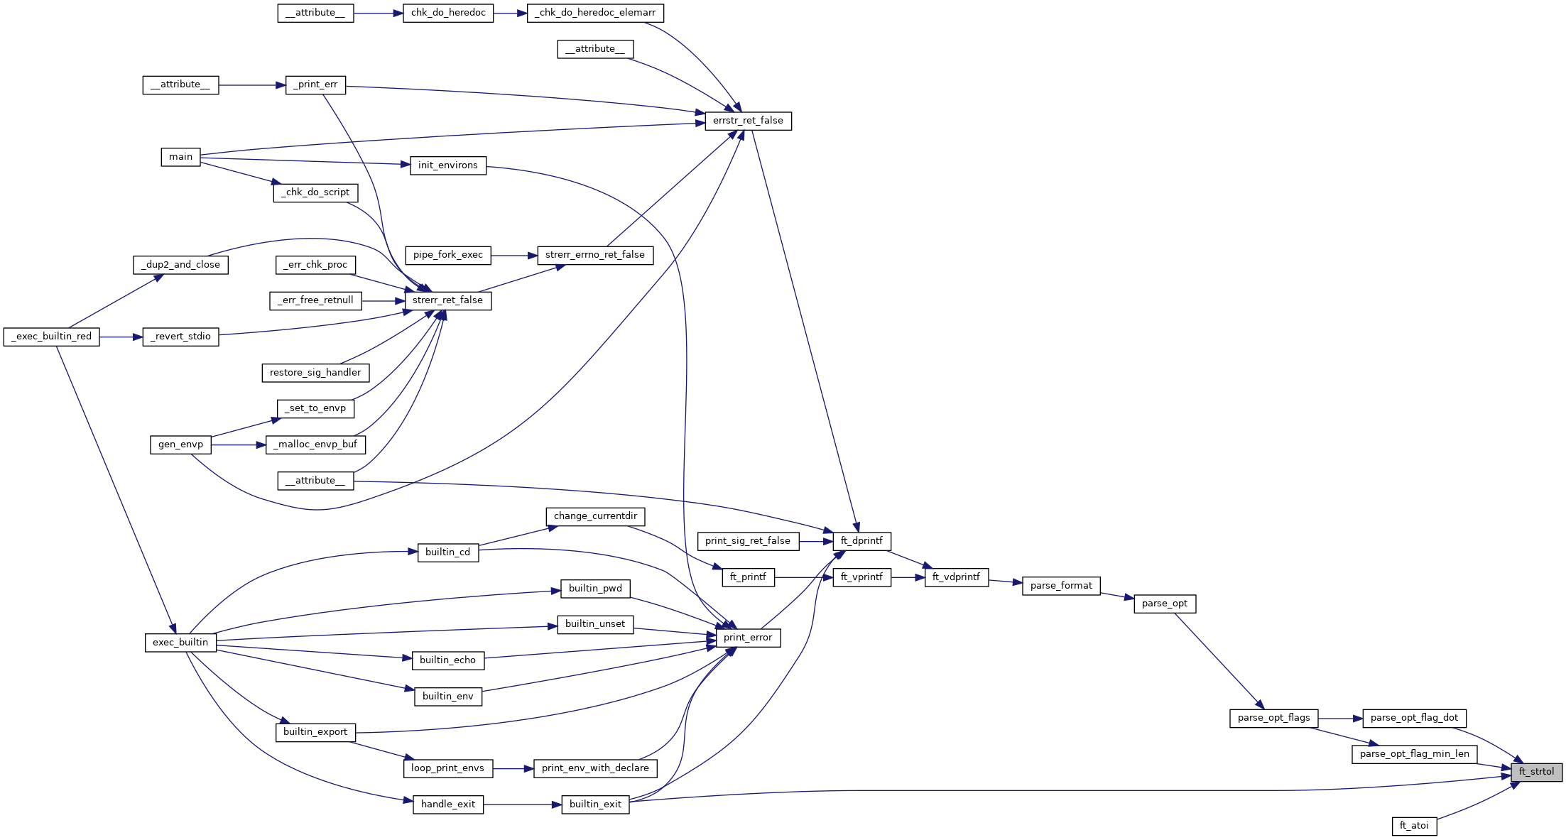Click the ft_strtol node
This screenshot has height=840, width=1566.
[1536, 772]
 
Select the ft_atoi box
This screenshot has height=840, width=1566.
[1414, 826]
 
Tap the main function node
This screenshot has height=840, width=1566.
[180, 157]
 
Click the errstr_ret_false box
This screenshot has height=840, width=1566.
[748, 121]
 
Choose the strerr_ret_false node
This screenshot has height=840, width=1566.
[447, 300]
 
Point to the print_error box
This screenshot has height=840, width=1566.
[748, 638]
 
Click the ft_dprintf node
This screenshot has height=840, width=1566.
[861, 541]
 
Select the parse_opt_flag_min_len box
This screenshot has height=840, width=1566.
[1414, 754]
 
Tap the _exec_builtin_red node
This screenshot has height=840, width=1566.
[51, 337]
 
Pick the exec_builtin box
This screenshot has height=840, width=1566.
[180, 643]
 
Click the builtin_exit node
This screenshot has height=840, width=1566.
[595, 804]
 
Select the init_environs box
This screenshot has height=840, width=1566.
[447, 165]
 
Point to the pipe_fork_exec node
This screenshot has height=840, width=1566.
[447, 255]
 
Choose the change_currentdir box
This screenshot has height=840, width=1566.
[595, 516]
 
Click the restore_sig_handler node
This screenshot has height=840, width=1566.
[315, 373]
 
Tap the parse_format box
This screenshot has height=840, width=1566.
[1061, 586]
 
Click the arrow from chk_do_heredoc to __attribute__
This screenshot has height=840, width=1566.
[378, 13]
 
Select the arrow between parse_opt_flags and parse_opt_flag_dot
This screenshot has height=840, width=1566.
[1340, 719]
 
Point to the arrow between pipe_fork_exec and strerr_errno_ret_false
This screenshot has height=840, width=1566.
[513, 255]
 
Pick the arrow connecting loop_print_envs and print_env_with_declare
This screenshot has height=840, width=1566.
[513, 768]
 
